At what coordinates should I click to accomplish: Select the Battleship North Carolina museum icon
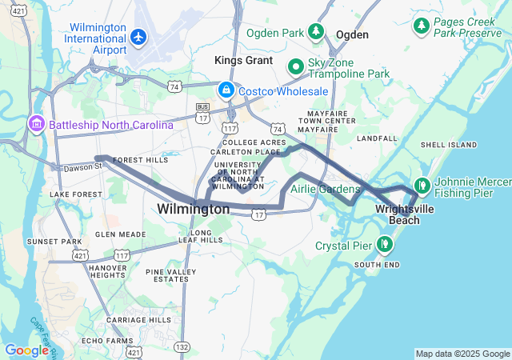click(37, 125)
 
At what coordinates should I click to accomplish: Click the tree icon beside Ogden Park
click(317, 32)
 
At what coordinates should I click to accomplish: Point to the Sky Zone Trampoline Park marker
click(295, 66)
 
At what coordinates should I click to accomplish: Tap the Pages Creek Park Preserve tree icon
click(422, 26)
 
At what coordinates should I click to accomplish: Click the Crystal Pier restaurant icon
click(386, 245)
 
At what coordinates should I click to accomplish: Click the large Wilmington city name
click(193, 209)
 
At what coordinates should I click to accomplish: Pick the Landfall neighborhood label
click(377, 138)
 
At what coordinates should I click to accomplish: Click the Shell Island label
click(444, 145)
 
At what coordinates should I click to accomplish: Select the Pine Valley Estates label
click(167, 275)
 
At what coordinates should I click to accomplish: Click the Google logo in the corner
click(26, 350)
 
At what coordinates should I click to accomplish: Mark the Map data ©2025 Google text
click(462, 354)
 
